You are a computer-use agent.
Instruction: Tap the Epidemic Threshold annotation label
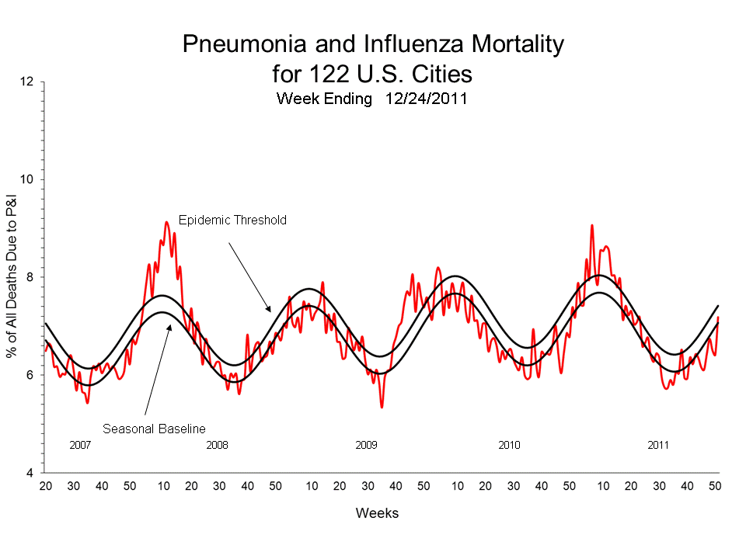point(232,220)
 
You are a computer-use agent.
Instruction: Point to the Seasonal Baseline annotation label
point(154,428)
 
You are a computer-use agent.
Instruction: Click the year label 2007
point(80,446)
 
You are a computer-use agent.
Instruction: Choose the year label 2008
point(217,446)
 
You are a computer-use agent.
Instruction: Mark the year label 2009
point(366,446)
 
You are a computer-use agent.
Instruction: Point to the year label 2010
point(509,446)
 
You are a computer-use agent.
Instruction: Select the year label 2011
point(658,446)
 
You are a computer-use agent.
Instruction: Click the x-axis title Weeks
point(377,513)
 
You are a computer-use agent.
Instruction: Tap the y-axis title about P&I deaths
point(12,277)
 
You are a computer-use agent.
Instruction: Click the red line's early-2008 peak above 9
point(166,222)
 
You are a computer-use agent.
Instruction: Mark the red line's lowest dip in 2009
point(382,407)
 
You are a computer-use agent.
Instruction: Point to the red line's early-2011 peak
point(591,225)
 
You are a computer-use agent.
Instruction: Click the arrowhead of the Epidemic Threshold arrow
point(269,311)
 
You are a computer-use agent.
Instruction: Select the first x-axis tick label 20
point(45,486)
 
